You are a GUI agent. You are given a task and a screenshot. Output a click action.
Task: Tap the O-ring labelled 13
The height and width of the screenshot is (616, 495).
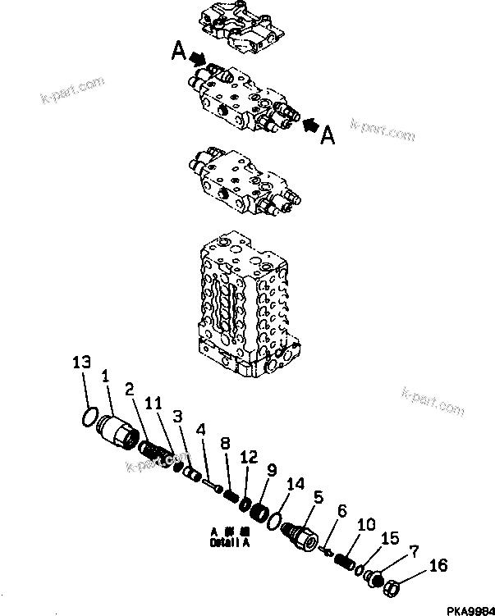(x=93, y=418)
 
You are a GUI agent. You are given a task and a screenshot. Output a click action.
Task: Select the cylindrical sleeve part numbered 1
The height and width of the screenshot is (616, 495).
(x=117, y=431)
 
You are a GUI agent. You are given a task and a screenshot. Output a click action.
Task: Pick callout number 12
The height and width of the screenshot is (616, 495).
(x=250, y=456)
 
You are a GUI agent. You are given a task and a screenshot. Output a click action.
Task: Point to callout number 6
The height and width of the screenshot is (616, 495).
(x=342, y=509)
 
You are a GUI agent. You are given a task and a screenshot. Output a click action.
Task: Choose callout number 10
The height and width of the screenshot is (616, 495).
(x=367, y=523)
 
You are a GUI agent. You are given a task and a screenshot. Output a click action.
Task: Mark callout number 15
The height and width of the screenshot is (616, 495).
(x=390, y=538)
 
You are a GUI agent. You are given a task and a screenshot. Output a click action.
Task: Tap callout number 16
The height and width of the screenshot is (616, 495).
(x=438, y=566)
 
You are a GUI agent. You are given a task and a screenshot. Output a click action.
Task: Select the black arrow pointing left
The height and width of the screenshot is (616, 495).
(x=311, y=125)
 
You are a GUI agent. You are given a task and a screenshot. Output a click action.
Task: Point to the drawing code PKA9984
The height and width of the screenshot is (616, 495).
(x=468, y=609)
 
